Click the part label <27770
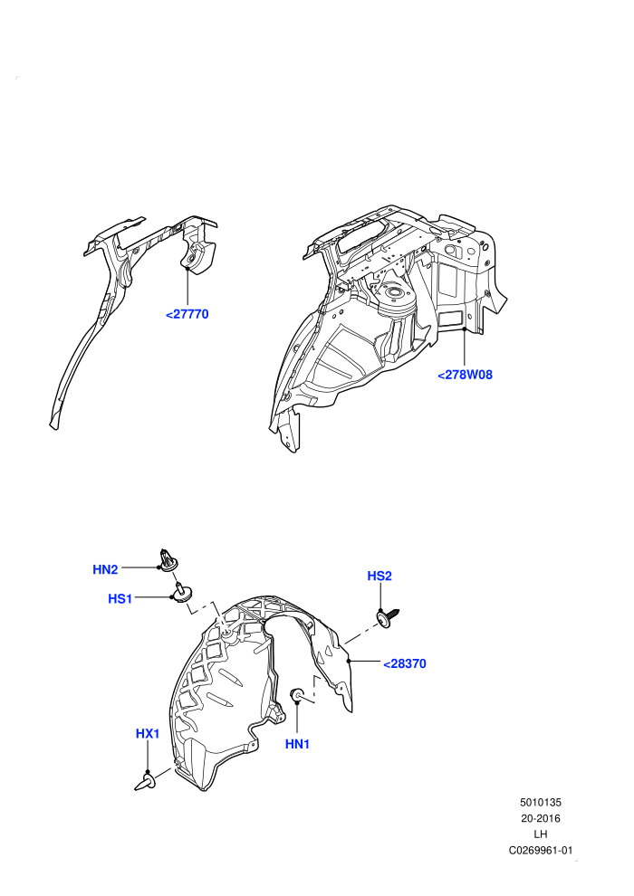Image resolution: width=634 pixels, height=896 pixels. pyautogui.click(x=187, y=314)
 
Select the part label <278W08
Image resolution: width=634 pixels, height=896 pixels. pyautogui.click(x=465, y=375)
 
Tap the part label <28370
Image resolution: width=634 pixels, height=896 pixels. pyautogui.click(x=405, y=664)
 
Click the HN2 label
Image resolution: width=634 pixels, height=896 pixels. pyautogui.click(x=105, y=569)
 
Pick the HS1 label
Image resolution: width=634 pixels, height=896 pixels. pyautogui.click(x=120, y=599)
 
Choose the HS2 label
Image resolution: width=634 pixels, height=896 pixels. pyautogui.click(x=379, y=576)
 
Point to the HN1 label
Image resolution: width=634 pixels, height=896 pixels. pyautogui.click(x=297, y=744)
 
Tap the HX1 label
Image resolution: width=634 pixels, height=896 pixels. pyautogui.click(x=148, y=733)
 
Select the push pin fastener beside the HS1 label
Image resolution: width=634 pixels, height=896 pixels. pyautogui.click(x=182, y=592)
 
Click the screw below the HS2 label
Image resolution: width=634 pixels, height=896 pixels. pyautogui.click(x=388, y=618)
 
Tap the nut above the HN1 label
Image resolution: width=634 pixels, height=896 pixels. pyautogui.click(x=298, y=695)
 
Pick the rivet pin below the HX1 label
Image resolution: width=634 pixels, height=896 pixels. pyautogui.click(x=145, y=783)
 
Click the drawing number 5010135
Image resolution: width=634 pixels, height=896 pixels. pyautogui.click(x=540, y=802)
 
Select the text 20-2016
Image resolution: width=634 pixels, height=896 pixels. pyautogui.click(x=540, y=818)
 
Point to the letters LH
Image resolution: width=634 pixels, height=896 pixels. pyautogui.click(x=540, y=834)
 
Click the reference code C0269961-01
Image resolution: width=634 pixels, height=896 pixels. pyautogui.click(x=540, y=850)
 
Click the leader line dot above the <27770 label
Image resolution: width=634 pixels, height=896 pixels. pyautogui.click(x=187, y=267)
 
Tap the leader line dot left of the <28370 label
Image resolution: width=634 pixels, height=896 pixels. pyautogui.click(x=350, y=662)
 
